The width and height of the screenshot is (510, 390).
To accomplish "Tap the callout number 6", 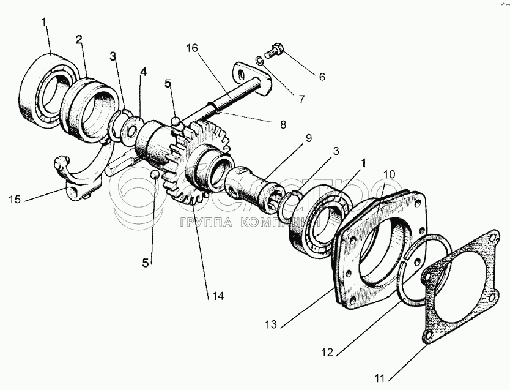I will pyautogui.click(x=322, y=77).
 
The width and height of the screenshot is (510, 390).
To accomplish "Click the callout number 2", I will pyautogui.click(x=78, y=40).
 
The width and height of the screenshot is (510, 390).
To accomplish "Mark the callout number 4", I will pyautogui.click(x=143, y=72).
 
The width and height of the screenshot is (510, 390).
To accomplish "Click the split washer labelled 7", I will pyautogui.click(x=260, y=59).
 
